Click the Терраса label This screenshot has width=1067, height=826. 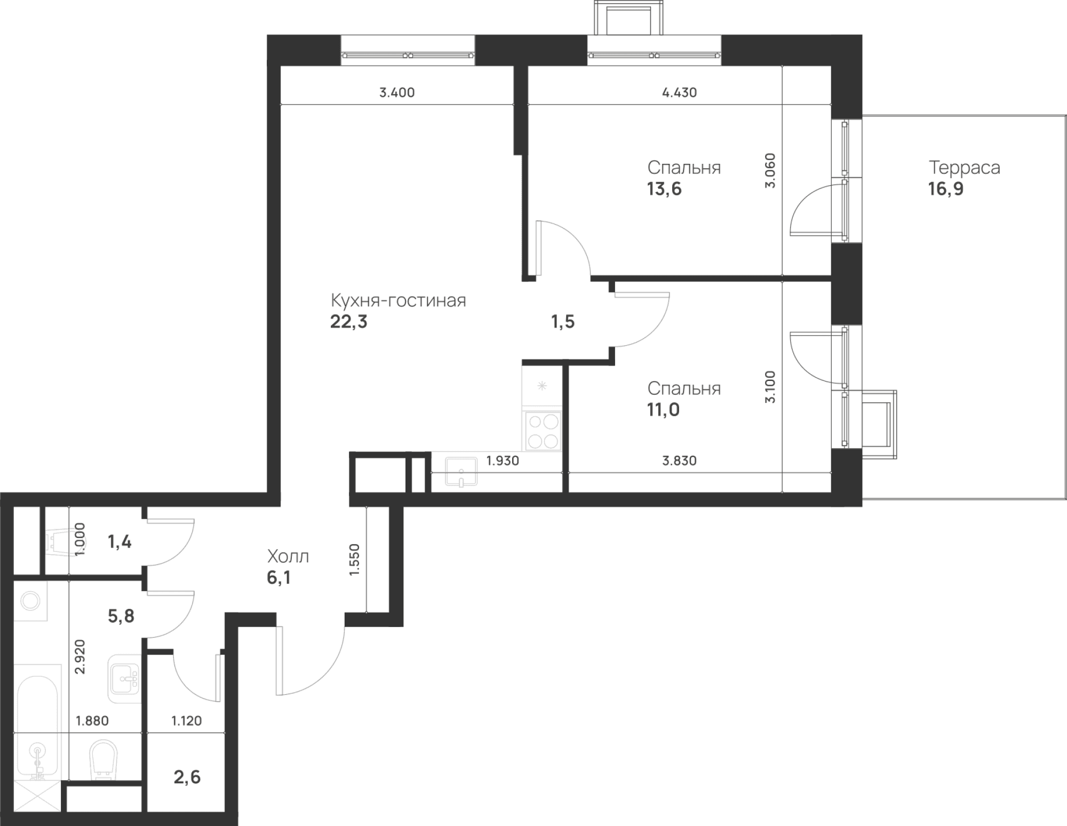click(965, 168)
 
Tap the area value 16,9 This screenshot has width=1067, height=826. click(946, 189)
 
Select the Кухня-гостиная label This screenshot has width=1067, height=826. click(399, 300)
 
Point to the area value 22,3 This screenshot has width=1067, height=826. click(349, 322)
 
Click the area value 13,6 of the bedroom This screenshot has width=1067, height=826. click(665, 189)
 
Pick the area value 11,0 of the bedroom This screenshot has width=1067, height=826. click(664, 410)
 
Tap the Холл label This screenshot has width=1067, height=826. click(288, 557)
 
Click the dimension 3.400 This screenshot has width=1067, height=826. click(397, 93)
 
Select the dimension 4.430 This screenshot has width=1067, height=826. click(680, 93)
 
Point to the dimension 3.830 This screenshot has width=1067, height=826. click(680, 460)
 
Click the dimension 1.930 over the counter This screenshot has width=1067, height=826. click(503, 460)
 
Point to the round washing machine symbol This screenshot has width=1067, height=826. click(30, 601)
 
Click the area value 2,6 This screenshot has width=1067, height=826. click(187, 777)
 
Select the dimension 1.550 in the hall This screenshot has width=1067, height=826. click(355, 560)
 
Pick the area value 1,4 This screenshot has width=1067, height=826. click(120, 543)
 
